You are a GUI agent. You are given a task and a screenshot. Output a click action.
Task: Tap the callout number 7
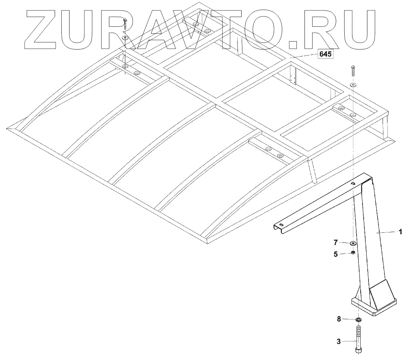pyautogui.click(x=336, y=243)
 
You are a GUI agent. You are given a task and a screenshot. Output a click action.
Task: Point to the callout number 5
pyautogui.click(x=336, y=254)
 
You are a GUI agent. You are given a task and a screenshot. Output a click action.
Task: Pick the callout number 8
pyautogui.click(x=339, y=319)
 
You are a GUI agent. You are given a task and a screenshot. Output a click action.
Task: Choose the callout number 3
pyautogui.click(x=339, y=341)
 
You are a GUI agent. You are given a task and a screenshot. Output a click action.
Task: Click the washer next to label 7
pyautogui.click(x=352, y=243)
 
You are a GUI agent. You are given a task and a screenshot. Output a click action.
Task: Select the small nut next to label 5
pyautogui.click(x=353, y=254)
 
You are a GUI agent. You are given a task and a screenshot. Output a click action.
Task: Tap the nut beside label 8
pyautogui.click(x=359, y=319)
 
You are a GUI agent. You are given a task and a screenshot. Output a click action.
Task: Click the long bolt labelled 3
pyautogui.click(x=358, y=338)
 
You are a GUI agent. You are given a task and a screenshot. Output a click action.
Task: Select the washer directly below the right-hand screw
pyautogui.click(x=353, y=85)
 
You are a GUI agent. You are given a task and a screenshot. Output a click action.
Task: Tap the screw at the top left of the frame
pyautogui.click(x=125, y=24)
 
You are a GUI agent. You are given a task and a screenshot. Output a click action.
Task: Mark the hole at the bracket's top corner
pyautogui.click(x=353, y=183)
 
